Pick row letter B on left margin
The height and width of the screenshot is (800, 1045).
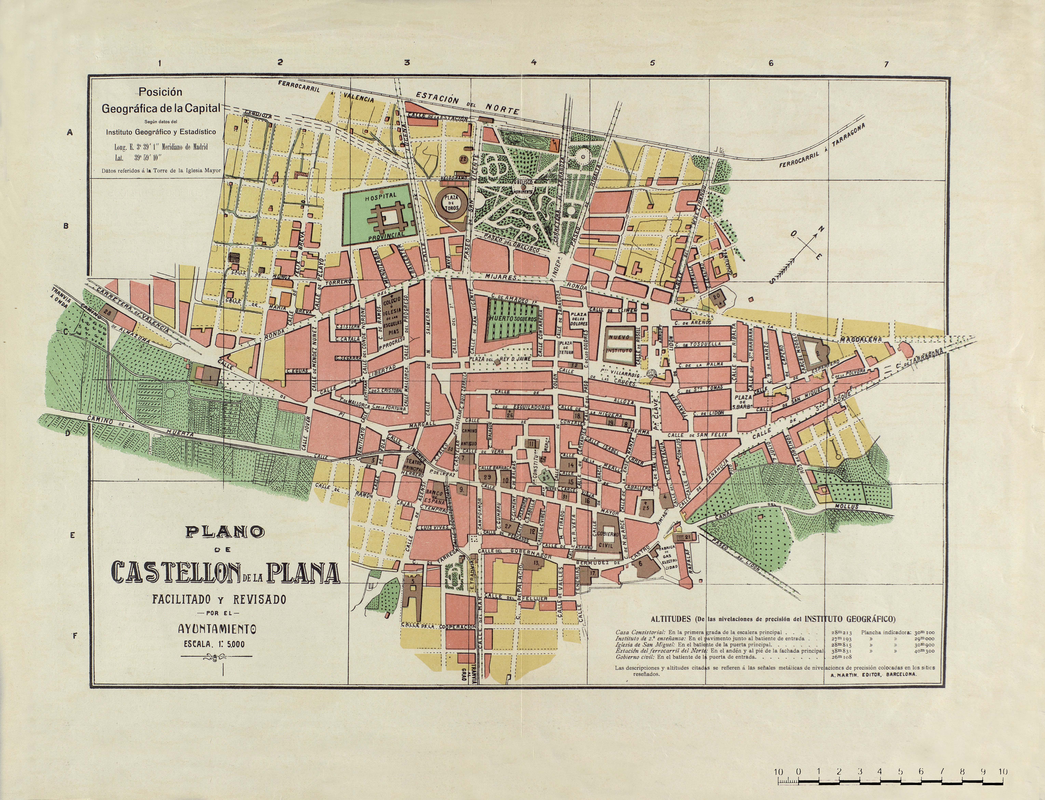tap(66, 226)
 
